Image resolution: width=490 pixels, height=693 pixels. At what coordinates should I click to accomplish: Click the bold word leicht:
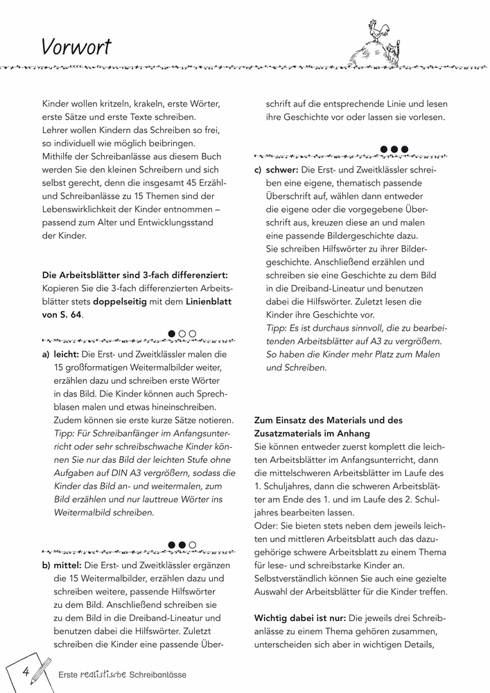(x=67, y=355)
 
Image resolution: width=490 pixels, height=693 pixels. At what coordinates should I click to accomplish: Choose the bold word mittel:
(x=69, y=565)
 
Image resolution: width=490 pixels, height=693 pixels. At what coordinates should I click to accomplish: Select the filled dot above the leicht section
(x=171, y=334)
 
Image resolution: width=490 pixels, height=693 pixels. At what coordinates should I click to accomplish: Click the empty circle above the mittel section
(x=192, y=545)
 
